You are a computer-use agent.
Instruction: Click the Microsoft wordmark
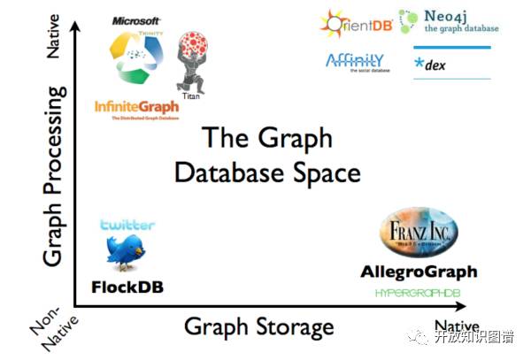click(x=136, y=20)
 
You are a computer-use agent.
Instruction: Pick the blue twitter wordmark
click(x=127, y=226)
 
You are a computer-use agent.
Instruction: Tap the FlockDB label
click(x=127, y=287)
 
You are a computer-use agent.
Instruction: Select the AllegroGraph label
click(x=419, y=272)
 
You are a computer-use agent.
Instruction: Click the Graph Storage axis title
click(x=258, y=326)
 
